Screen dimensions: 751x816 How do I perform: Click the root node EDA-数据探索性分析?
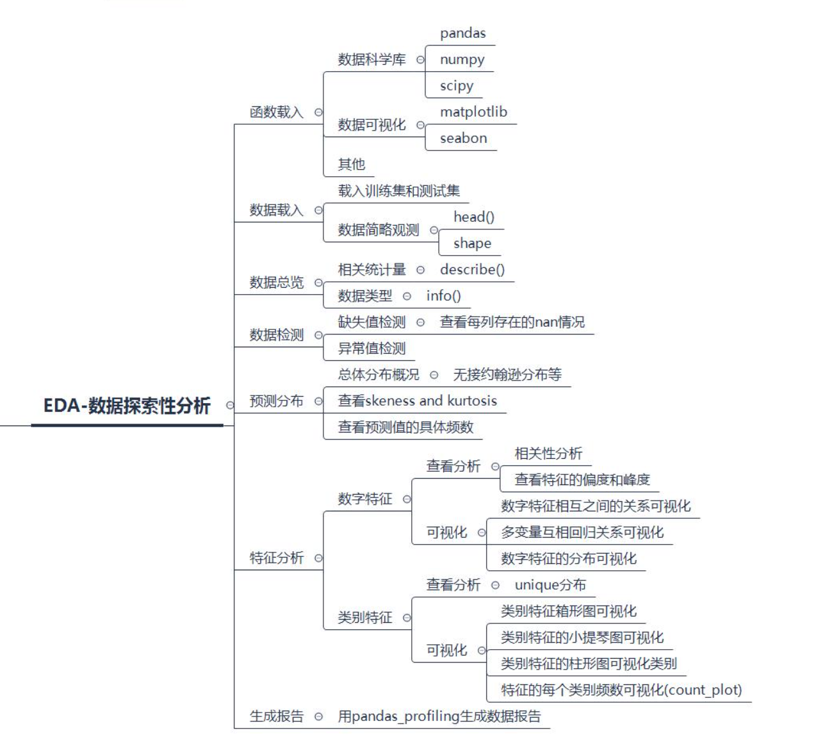pos(127,406)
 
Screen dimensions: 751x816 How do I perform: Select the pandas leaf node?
pos(462,33)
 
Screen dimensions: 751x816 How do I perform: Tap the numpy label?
pos(462,60)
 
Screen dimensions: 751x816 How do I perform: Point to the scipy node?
pos(456,86)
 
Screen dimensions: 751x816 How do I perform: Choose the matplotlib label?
pos(473,112)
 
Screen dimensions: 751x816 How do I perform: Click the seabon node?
pos(463,138)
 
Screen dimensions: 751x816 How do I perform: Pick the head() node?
pos(473,217)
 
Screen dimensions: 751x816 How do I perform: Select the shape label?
pos(472,243)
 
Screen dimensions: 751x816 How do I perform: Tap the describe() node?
pos(472,270)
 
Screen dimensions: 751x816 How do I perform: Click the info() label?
pos(443,296)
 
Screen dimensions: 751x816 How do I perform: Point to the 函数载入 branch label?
pos(276,112)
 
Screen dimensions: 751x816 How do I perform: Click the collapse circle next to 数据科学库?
pos(420,60)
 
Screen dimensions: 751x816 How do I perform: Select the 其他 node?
pos(351,165)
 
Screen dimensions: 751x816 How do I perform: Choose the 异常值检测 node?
pos(371,349)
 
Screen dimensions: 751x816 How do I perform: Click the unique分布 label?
pos(550,585)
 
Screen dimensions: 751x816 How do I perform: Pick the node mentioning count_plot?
pos(621,690)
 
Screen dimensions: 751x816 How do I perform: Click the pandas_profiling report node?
pos(439,716)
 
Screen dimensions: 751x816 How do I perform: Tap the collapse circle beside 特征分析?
pos(318,558)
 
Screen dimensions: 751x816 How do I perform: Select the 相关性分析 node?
pos(548,454)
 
